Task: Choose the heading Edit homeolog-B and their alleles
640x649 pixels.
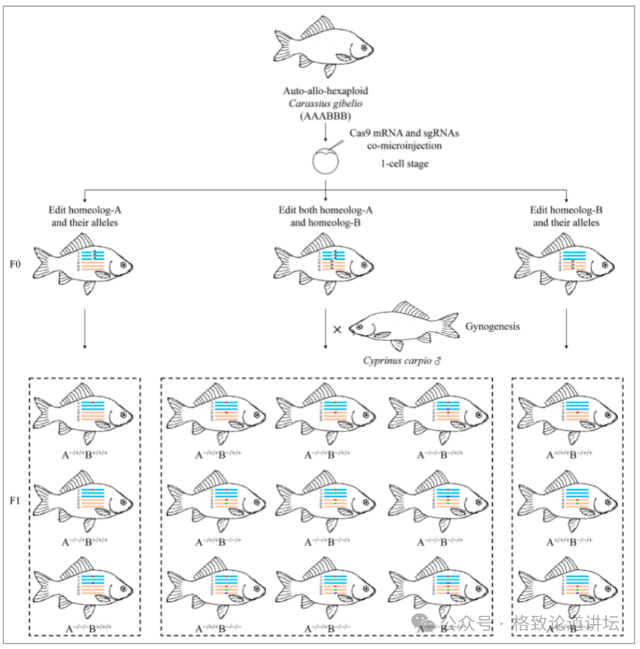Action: click(x=566, y=216)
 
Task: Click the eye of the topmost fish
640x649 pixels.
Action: click(x=365, y=48)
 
